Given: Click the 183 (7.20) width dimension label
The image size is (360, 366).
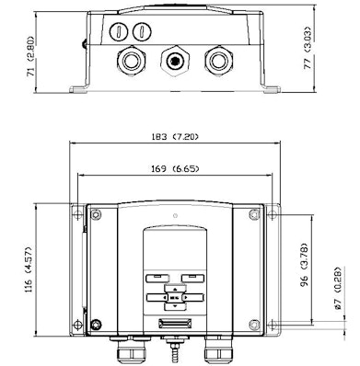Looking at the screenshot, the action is pos(175,136).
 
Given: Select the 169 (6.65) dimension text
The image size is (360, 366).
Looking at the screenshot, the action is pos(175,168).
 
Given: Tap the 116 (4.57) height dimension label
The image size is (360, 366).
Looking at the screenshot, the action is pos(29,269).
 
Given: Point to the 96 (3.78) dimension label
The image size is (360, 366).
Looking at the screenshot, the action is pos(304,265).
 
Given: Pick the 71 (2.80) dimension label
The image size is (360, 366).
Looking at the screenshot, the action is pos(30,56).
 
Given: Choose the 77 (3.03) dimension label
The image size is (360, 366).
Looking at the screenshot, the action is pos(308,48).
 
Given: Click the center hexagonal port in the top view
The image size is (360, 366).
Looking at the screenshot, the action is pos(175,61).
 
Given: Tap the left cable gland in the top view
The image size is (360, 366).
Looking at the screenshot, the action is pos(131,61).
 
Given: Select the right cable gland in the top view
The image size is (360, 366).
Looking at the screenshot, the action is pos(218,61).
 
